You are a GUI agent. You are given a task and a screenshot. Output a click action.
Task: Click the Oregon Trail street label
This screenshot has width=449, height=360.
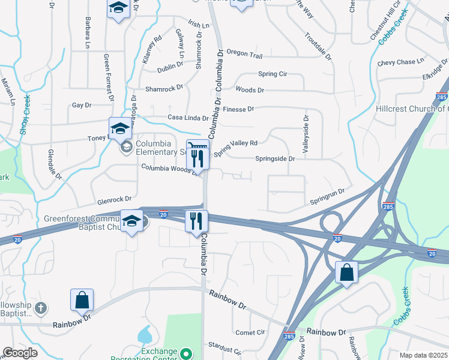[x=244, y=55]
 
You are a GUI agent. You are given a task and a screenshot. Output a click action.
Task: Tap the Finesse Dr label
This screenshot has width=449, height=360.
[x=238, y=109]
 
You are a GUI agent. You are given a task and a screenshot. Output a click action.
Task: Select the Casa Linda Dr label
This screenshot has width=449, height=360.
[x=188, y=118]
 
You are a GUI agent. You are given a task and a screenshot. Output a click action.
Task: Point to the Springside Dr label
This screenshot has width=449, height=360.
[x=275, y=159]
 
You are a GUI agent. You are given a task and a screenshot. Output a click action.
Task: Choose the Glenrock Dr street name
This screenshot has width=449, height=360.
[x=114, y=199]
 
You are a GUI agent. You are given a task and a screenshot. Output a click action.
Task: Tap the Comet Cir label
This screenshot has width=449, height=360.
[x=250, y=332]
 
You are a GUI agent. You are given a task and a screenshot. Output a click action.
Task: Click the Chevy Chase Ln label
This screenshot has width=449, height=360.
[x=400, y=62]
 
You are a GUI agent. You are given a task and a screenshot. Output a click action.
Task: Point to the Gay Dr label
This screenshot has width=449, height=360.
[x=81, y=105]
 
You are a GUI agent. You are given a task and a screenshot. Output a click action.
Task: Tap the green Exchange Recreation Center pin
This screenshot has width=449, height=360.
[x=186, y=353]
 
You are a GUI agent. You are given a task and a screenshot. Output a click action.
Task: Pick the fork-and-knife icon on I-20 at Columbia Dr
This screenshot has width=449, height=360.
[x=196, y=221]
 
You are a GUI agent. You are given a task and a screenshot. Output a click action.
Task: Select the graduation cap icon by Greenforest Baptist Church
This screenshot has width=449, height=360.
[x=132, y=221]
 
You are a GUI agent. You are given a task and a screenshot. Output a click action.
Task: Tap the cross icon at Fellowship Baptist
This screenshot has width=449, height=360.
[x=41, y=308]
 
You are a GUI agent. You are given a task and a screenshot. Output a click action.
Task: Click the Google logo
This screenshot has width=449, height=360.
[x=20, y=353]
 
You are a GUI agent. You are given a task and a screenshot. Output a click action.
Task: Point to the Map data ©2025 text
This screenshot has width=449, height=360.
[x=423, y=355]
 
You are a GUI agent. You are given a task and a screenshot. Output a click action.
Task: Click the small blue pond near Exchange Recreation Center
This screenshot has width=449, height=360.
[x=144, y=335]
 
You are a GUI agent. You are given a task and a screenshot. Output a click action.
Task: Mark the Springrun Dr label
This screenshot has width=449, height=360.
[x=327, y=196]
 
